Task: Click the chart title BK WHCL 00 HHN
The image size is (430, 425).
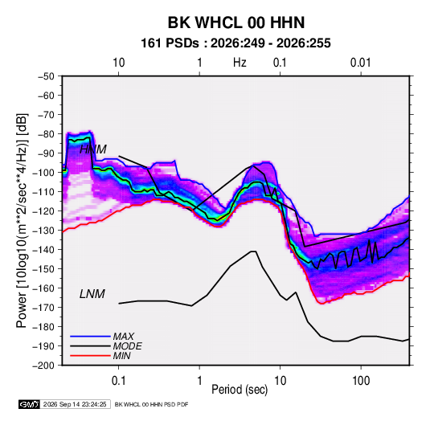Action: click(236, 22)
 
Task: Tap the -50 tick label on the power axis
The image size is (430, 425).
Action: click(46, 76)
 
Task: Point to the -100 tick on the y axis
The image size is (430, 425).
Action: click(43, 173)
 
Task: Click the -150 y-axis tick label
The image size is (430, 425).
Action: click(43, 269)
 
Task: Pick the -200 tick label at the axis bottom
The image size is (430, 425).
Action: click(43, 366)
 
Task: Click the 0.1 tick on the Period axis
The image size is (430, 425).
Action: click(118, 381)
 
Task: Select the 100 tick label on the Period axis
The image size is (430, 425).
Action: click(361, 381)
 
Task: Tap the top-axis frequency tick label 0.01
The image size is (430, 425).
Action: click(360, 63)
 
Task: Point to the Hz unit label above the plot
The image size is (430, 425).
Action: click(240, 63)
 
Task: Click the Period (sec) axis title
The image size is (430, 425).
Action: click(240, 390)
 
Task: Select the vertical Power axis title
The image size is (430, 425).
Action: click(22, 220)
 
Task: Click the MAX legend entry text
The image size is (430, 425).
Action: click(124, 337)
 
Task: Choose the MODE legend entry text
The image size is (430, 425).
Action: click(128, 346)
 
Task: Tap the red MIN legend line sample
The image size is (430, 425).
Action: click(90, 356)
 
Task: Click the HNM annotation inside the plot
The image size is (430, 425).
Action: click(93, 149)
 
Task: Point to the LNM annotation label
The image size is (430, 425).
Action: click(92, 294)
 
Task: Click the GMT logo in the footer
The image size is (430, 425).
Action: click(30, 404)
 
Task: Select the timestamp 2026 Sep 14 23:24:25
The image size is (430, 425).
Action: click(75, 404)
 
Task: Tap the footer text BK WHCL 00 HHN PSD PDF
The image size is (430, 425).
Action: click(151, 404)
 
